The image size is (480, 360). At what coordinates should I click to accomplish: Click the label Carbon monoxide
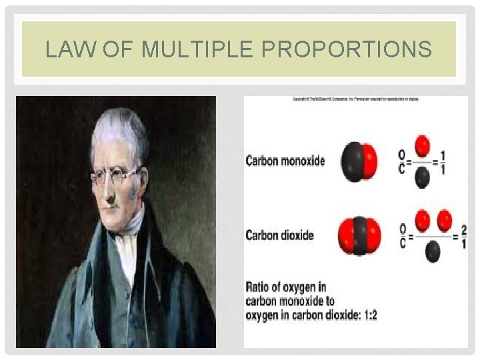[285, 161]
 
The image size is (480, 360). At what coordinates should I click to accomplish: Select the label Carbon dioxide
[279, 235]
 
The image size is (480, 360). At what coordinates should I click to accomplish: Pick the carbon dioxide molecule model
[360, 236]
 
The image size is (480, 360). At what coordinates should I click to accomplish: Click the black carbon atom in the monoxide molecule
[351, 161]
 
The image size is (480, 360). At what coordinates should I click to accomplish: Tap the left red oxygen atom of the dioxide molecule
[346, 236]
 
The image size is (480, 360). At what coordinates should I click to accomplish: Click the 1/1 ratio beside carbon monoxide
[443, 161]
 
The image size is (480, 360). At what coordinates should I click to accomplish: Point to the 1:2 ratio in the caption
[368, 315]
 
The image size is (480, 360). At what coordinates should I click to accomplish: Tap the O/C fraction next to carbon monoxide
[401, 161]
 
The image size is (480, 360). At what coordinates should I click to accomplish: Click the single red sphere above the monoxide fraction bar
[422, 145]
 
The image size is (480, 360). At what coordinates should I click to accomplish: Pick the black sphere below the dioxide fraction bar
[433, 251]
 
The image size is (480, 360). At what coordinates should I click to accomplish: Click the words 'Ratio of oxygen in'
[286, 287]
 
